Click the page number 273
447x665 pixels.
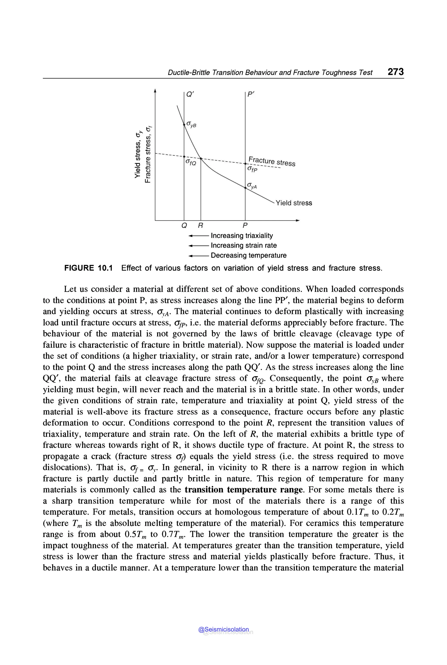tap(395, 72)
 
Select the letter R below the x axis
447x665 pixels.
tap(201, 226)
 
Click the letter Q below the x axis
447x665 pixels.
tap(184, 226)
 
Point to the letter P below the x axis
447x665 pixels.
tap(245, 226)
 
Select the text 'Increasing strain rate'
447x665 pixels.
tap(244, 246)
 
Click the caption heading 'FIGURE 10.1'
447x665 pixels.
tap(88, 268)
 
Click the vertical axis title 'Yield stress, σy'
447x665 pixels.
tap(138, 155)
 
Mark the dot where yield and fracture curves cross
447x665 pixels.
tap(201, 158)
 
